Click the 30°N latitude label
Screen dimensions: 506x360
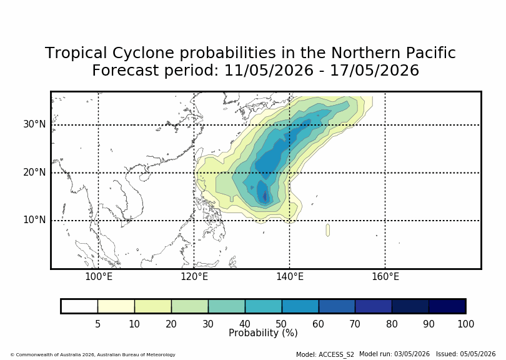coord(34,124)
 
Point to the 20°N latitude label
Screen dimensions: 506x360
coord(34,172)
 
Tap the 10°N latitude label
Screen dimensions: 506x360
coord(34,220)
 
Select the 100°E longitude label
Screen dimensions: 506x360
coord(99,277)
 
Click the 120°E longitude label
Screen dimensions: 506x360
coord(194,277)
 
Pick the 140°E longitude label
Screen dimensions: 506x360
coord(290,277)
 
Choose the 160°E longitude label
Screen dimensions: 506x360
coord(385,277)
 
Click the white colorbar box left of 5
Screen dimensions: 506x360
coord(79,306)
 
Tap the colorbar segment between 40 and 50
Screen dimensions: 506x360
coord(264,306)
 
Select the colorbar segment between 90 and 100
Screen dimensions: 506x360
coord(447,306)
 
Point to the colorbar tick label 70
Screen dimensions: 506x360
coord(355,324)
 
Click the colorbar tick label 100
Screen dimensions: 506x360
coord(465,324)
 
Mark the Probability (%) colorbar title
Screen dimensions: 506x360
coord(263,333)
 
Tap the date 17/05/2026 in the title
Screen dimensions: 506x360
coord(374,71)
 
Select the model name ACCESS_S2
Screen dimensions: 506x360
coord(336,354)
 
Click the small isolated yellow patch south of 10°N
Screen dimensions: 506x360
coord(328,230)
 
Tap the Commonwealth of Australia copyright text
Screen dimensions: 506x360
coord(92,354)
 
